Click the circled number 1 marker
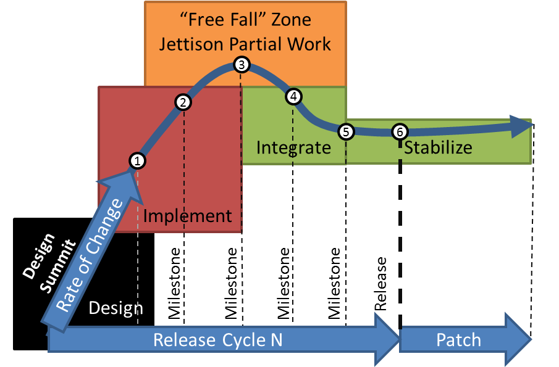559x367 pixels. click(137, 161)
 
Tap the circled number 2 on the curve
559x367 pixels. click(183, 103)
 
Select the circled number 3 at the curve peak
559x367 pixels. click(242, 64)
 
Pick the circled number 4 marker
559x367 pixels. click(293, 96)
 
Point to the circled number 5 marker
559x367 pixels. click(346, 131)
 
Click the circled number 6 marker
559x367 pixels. click(400, 131)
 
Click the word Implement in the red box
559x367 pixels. click(188, 216)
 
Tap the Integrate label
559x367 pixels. click(293, 148)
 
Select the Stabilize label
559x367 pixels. click(438, 148)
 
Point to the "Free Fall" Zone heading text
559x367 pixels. click(245, 20)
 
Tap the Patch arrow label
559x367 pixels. click(458, 340)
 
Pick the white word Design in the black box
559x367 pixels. click(116, 308)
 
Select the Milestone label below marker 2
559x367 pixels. click(176, 284)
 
